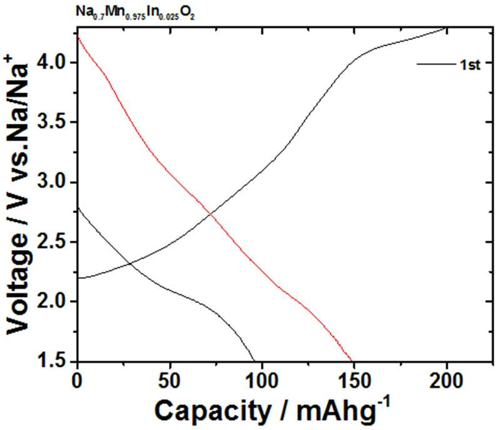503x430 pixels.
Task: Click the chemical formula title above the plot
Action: (x=135, y=13)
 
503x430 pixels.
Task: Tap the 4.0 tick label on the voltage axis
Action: (x=54, y=62)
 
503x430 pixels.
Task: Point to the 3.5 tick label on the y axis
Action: (x=54, y=122)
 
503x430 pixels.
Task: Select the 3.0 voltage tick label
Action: (x=54, y=182)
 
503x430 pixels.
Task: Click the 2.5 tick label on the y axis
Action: (x=54, y=242)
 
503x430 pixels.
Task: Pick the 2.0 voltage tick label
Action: (x=54, y=301)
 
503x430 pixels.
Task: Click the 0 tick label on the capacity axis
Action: (x=78, y=381)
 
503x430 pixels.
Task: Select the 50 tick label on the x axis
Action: (x=170, y=381)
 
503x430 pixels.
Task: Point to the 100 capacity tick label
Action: (x=262, y=381)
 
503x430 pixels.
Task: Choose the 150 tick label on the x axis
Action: (x=355, y=381)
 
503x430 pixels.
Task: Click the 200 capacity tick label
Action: (x=447, y=381)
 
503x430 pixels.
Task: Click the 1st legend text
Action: (x=470, y=65)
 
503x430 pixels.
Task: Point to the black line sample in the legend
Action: (x=436, y=64)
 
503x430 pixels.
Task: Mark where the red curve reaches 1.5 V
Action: (x=352, y=361)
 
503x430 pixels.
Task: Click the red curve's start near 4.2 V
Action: (x=78, y=35)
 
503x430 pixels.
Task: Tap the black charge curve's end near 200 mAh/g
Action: (x=446, y=28)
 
